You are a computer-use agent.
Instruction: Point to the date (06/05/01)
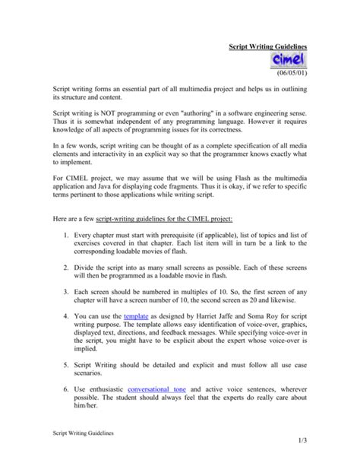(x=290, y=78)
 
